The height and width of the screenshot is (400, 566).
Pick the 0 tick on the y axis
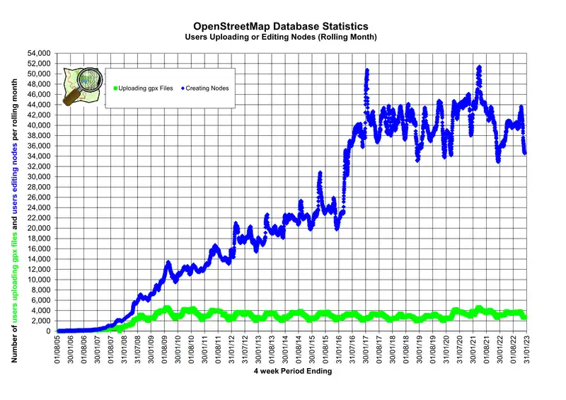[47, 331]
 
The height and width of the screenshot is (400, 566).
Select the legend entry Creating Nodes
[213, 88]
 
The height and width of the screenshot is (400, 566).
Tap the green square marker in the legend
[113, 88]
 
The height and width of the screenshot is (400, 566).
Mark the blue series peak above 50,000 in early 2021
[480, 67]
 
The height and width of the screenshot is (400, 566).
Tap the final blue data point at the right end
[525, 152]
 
